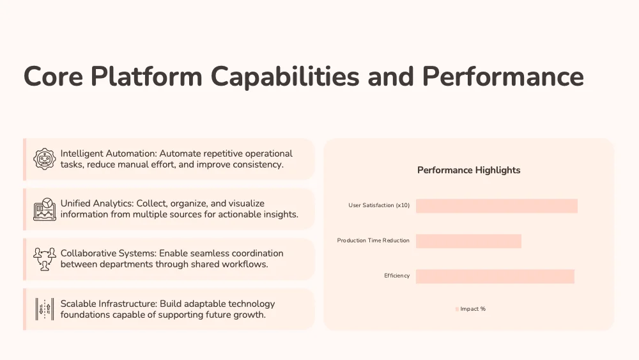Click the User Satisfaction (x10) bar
tap(497, 206)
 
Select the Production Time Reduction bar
tap(468, 241)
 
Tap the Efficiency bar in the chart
tap(495, 276)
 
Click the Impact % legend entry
tap(471, 309)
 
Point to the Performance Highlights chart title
tap(468, 170)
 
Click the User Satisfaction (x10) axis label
tap(379, 205)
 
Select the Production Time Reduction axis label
tap(373, 240)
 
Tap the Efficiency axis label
tap(397, 276)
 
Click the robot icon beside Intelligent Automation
tap(45, 159)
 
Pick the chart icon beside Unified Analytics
tap(45, 209)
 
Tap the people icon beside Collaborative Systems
tap(45, 260)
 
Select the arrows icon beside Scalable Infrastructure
tap(45, 309)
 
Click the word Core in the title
tap(54, 77)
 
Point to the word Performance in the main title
tap(503, 77)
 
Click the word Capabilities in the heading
tap(285, 77)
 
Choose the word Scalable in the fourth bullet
tap(78, 304)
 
